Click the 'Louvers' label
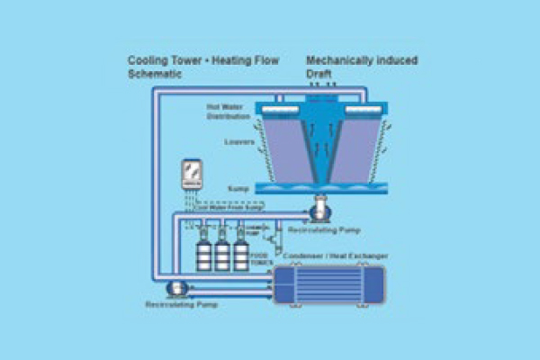pyautogui.click(x=238, y=142)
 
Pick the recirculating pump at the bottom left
pyautogui.click(x=176, y=289)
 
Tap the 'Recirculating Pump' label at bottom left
pyautogui.click(x=180, y=305)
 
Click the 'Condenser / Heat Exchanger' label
pyautogui.click(x=332, y=256)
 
